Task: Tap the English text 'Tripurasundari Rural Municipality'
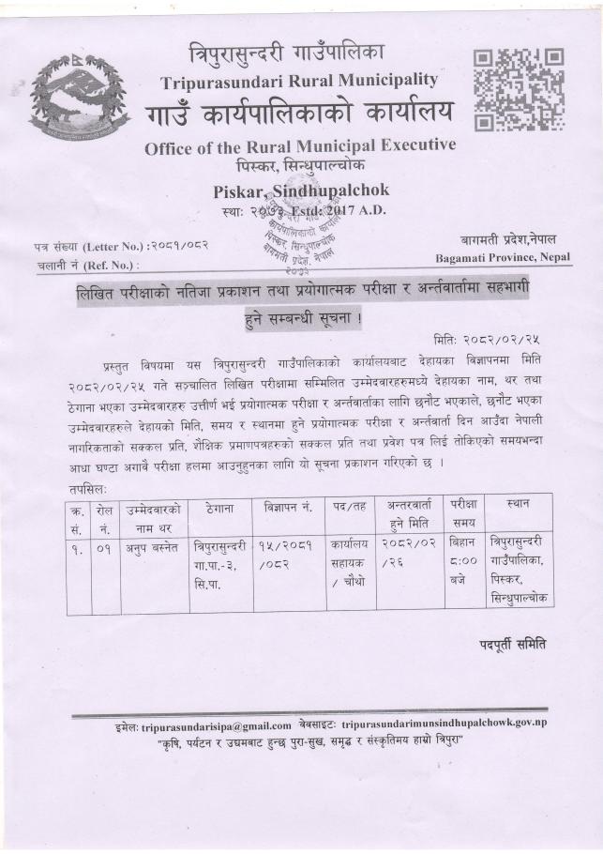coord(298,81)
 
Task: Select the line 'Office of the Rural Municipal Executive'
coord(300,146)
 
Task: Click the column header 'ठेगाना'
coord(219,508)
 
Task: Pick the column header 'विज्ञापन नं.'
coord(287,508)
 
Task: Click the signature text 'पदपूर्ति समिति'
coord(513,644)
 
